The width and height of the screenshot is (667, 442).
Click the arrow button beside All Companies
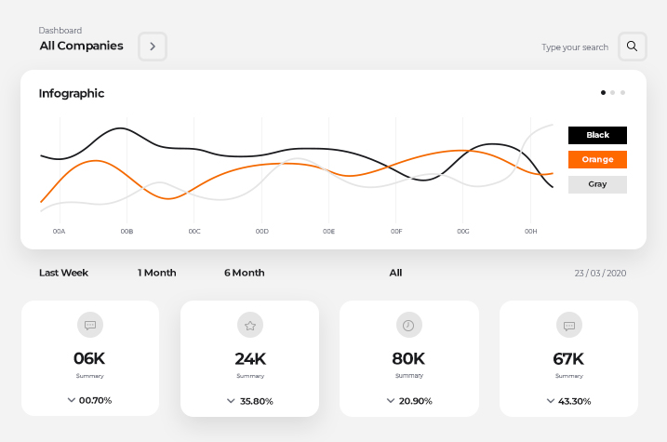[x=153, y=47]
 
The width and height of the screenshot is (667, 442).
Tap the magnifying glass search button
[x=632, y=47]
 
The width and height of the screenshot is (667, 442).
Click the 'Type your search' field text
[x=575, y=47]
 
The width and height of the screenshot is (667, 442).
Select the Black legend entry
[x=597, y=135]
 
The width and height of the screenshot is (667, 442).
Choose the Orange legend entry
[x=597, y=160]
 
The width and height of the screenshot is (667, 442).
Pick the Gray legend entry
[x=597, y=184]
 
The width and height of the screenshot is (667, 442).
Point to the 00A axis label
[x=60, y=231]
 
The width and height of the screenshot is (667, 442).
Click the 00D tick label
[x=261, y=231]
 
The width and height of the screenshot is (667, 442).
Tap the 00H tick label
[x=530, y=231]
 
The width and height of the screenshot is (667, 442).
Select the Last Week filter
[x=63, y=273]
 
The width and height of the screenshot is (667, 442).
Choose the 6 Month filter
[x=244, y=273]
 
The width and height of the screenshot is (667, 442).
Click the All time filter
[x=395, y=273]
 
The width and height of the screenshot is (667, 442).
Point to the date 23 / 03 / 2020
[x=600, y=273]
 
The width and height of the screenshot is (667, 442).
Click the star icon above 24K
[x=249, y=326]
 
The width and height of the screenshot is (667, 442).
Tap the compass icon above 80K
[x=408, y=325]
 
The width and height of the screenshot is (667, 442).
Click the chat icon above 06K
[x=90, y=325]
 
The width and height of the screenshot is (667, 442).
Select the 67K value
[x=567, y=358]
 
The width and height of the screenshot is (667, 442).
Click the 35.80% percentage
[x=256, y=402]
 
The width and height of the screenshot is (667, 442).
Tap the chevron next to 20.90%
[x=391, y=400]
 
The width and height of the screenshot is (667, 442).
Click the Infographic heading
[x=72, y=93]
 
